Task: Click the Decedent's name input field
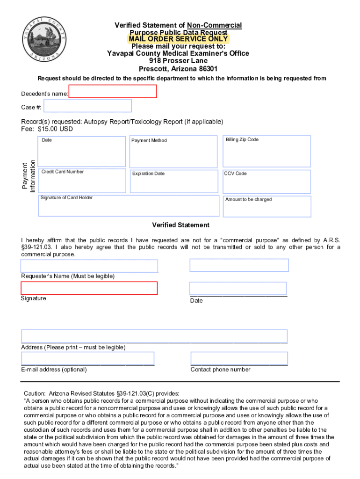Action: coord(113,91)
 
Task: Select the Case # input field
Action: coord(87,106)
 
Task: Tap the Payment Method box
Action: coord(174,152)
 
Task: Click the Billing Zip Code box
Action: coord(266,151)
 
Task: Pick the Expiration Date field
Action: coord(174,181)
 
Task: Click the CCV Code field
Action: coord(266,181)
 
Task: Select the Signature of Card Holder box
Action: coord(129,205)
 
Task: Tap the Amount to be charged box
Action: coord(266,206)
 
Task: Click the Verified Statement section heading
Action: coord(180,225)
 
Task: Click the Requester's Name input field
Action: coord(89,266)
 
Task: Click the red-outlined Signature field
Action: coord(89,288)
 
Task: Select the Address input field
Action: coord(154,336)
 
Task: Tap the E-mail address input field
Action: coord(87,358)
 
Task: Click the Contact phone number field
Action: coord(239,358)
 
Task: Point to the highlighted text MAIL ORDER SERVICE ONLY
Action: coord(178,39)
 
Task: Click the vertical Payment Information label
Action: coord(29,176)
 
